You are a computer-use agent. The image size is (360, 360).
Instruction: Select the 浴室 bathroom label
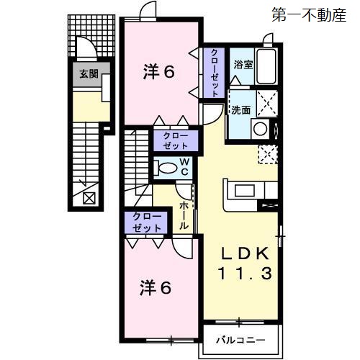click(243, 64)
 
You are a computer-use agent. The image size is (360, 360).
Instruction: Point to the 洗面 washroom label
click(240, 110)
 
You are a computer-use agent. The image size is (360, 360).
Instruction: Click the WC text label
click(184, 168)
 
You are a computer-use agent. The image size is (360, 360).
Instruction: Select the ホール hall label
click(184, 215)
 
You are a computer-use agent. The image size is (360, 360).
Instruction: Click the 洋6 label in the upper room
click(158, 72)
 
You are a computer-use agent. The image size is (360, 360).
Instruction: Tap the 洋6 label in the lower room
click(155, 288)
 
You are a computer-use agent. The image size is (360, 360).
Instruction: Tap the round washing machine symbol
click(259, 130)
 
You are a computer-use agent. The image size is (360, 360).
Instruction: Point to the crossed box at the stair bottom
click(89, 197)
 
